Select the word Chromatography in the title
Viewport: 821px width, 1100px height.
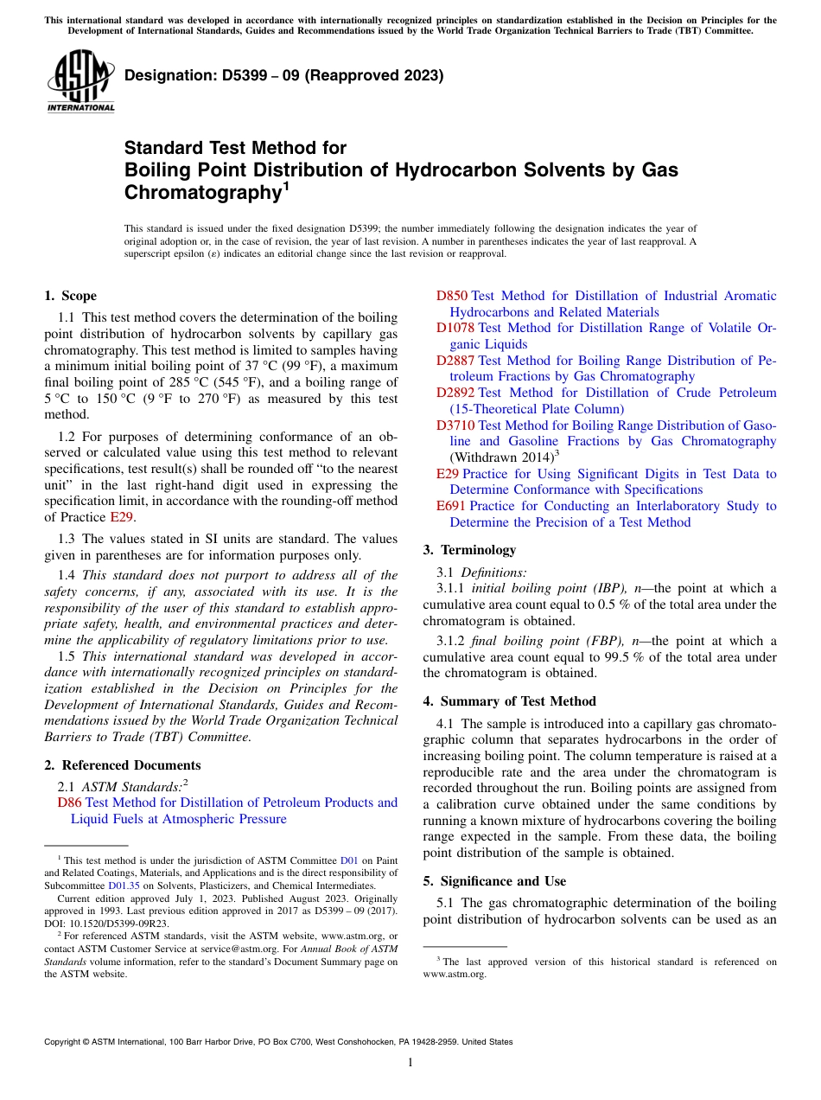pos(200,192)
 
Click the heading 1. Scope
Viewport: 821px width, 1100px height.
pos(70,296)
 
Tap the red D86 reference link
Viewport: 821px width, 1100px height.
pos(69,803)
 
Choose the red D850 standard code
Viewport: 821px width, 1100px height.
pos(451,296)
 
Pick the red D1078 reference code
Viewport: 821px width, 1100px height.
pos(455,328)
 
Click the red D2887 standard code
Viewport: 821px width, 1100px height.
pos(455,361)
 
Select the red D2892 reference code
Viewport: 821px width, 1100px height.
pos(455,393)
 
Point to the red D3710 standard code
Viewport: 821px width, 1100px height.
pos(455,425)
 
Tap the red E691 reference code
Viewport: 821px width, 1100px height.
pos(450,506)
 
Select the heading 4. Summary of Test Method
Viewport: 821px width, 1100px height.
pos(509,701)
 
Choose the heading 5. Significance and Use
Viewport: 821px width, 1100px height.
pos(494,881)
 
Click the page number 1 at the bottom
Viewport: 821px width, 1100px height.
pos(410,1062)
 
